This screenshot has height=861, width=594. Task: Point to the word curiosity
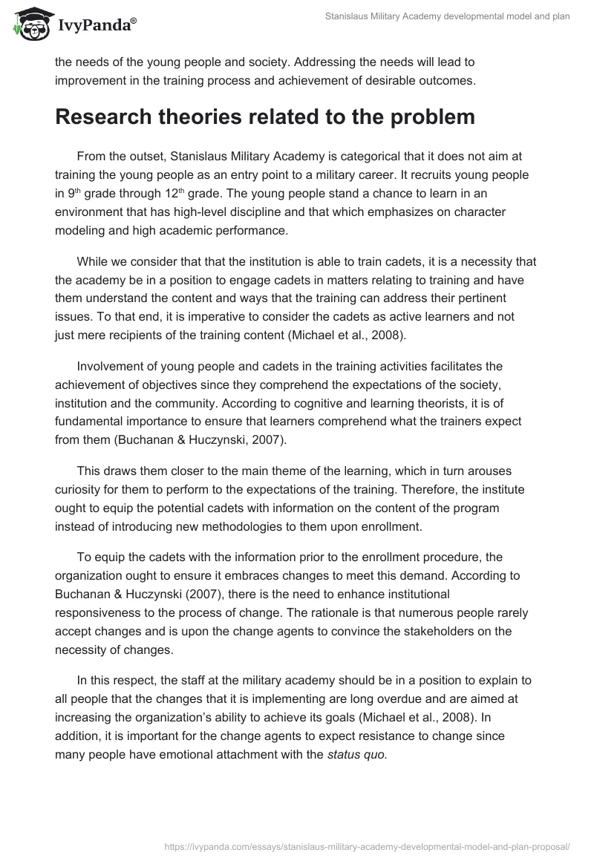[80, 488]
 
